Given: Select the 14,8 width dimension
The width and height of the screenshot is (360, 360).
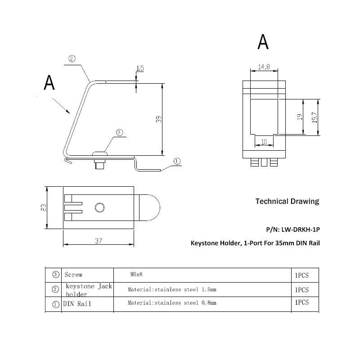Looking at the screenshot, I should tap(264, 67).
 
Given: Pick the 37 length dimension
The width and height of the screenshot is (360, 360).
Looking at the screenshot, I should tap(99, 241).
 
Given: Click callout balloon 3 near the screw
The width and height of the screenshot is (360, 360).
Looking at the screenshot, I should tap(119, 132).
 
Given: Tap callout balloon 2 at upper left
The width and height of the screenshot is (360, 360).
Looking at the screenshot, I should tap(72, 58).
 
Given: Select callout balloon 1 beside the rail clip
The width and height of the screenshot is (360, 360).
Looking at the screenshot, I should tap(176, 161).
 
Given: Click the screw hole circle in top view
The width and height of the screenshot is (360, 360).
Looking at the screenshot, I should tap(99, 207).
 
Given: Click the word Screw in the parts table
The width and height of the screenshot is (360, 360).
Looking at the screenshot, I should tap(74, 274).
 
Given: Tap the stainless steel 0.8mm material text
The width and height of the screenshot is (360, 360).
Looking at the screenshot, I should tap(172, 303).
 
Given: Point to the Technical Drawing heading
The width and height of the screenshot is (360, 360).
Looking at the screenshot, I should tap(287, 201).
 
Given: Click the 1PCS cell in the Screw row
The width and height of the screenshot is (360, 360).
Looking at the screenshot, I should tap(301, 274).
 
